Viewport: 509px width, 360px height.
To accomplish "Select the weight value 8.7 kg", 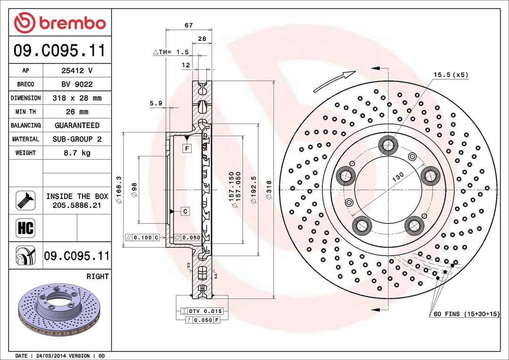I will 77,153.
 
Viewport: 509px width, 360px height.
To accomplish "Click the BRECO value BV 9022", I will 77,84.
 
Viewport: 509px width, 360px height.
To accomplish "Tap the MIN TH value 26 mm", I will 77,112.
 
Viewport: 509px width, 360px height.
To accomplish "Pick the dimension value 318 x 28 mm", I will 77,98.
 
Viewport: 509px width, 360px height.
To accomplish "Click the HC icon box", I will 25,229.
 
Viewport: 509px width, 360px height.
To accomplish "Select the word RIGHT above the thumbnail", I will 97,277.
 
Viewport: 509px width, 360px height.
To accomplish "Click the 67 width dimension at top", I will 189,25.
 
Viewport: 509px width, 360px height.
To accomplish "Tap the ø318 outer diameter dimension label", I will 269,190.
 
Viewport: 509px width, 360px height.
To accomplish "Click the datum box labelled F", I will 187,148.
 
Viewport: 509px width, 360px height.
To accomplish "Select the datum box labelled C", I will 185,211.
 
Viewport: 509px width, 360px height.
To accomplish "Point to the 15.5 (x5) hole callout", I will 451,75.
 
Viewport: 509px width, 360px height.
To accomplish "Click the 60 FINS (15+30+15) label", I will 466,314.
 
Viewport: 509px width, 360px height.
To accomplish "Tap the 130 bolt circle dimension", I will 398,177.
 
